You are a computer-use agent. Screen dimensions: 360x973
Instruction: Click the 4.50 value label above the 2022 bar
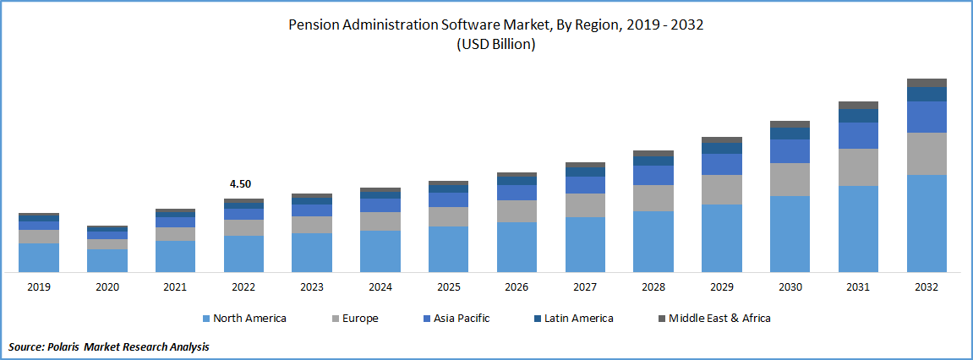tap(240, 183)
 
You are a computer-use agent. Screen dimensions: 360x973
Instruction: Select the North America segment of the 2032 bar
tap(927, 223)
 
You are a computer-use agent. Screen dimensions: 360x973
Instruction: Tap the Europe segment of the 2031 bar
tap(858, 167)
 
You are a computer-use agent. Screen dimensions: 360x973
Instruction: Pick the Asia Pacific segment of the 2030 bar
tap(790, 151)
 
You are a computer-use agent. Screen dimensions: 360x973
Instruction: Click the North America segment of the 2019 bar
tap(39, 257)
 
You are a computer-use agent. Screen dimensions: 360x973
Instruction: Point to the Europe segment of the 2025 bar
tap(448, 216)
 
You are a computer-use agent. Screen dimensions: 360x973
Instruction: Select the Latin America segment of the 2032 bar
tap(927, 94)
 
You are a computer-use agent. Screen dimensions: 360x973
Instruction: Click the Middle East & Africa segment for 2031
tap(858, 105)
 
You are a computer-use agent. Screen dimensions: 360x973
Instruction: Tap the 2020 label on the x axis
tap(107, 287)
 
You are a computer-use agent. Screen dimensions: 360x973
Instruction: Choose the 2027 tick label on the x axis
tap(585, 287)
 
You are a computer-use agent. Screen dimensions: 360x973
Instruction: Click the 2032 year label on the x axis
tap(927, 287)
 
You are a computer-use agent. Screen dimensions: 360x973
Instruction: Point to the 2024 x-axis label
tap(380, 287)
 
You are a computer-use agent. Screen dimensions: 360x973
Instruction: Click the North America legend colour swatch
tap(206, 319)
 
